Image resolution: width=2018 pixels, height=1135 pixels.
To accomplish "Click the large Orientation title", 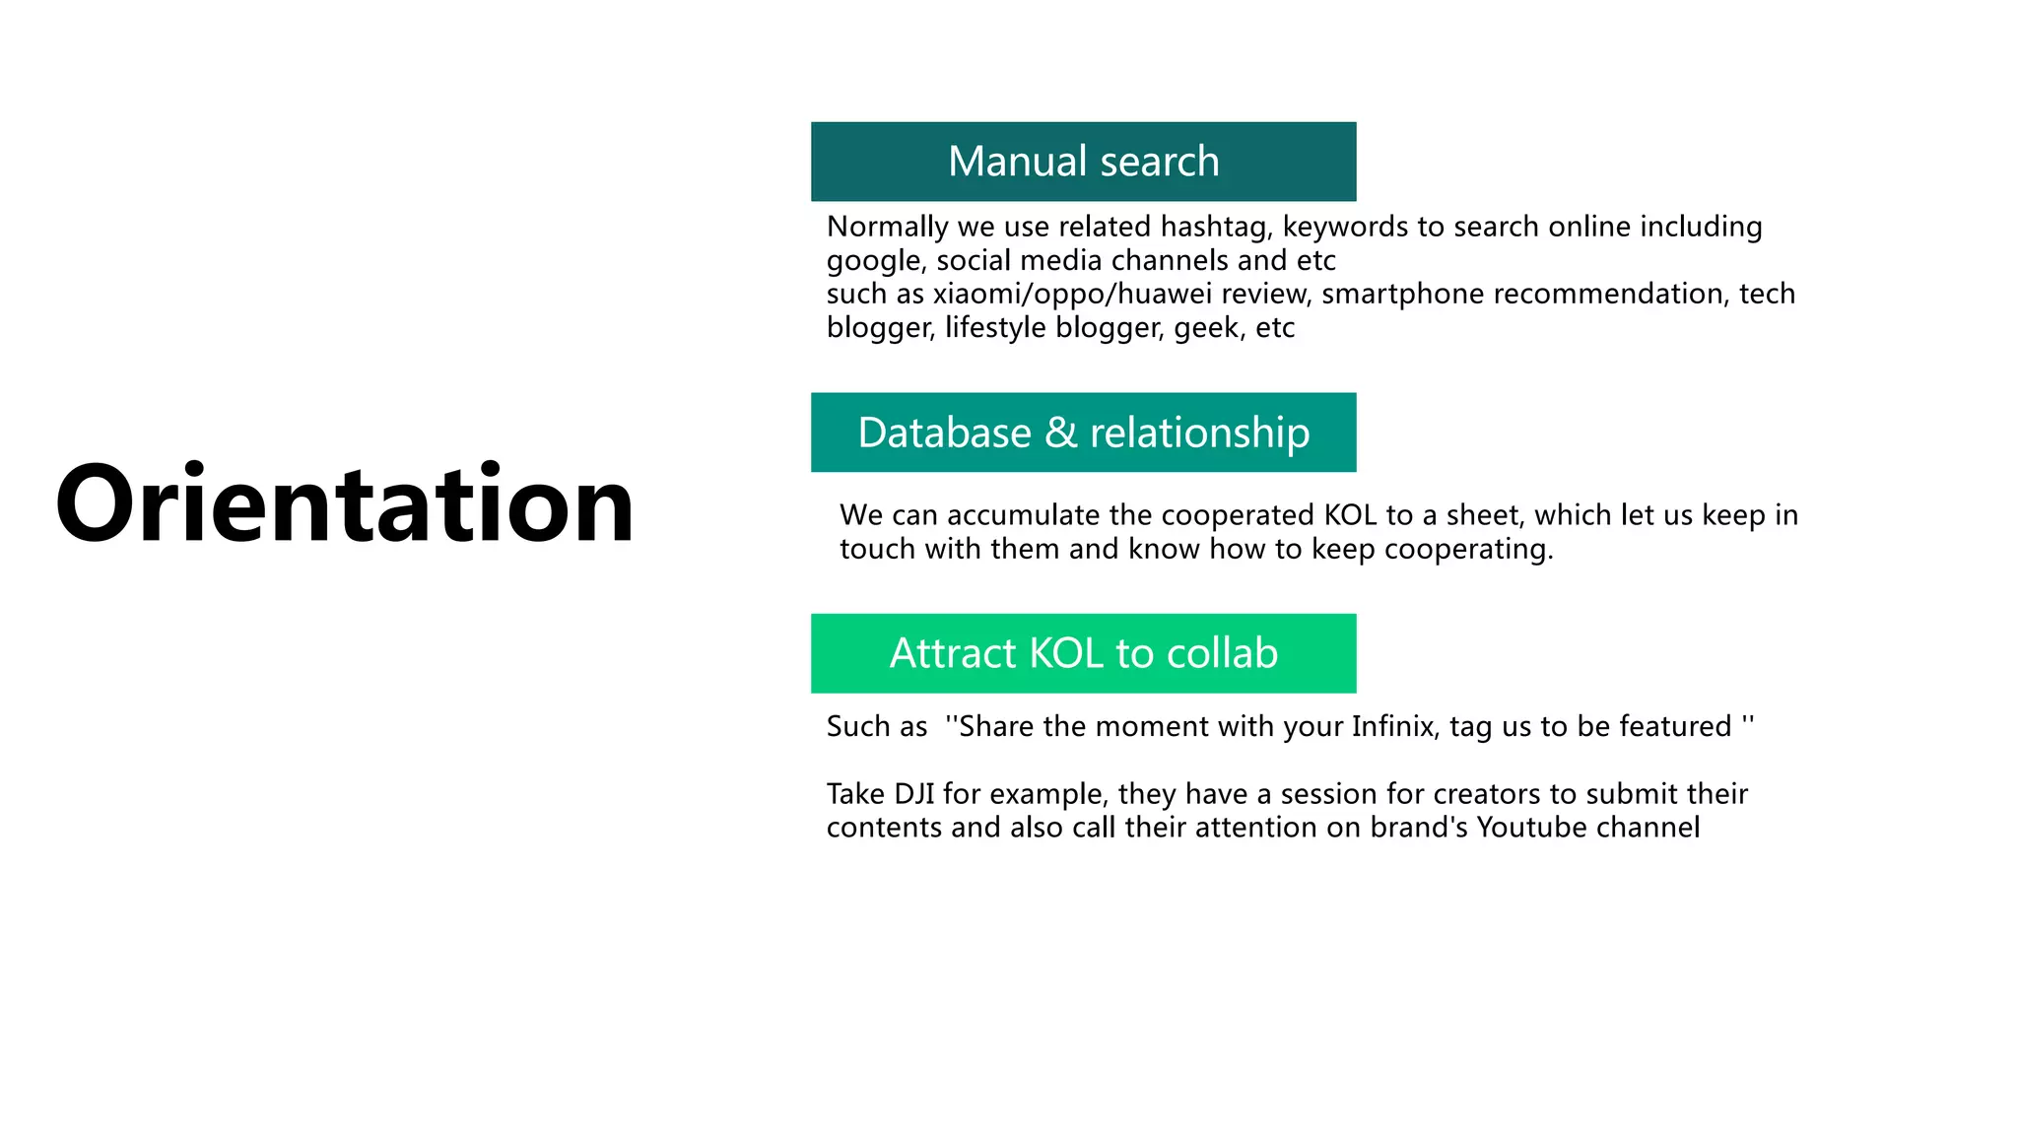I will click(345, 504).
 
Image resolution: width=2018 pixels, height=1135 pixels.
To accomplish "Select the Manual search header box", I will click(1083, 162).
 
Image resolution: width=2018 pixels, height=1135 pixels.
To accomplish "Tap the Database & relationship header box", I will click(1083, 433).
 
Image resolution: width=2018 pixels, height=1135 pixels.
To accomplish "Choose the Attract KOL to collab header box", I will click(1083, 653).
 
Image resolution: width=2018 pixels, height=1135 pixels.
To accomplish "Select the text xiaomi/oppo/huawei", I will click(1072, 295).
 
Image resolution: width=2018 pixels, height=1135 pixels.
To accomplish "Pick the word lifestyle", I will click(995, 328).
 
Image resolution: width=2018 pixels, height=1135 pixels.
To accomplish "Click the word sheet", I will click(1483, 515).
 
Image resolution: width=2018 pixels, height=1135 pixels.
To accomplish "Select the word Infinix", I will click(1393, 727).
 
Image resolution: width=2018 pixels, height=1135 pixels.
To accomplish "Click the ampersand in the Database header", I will click(1060, 433).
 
